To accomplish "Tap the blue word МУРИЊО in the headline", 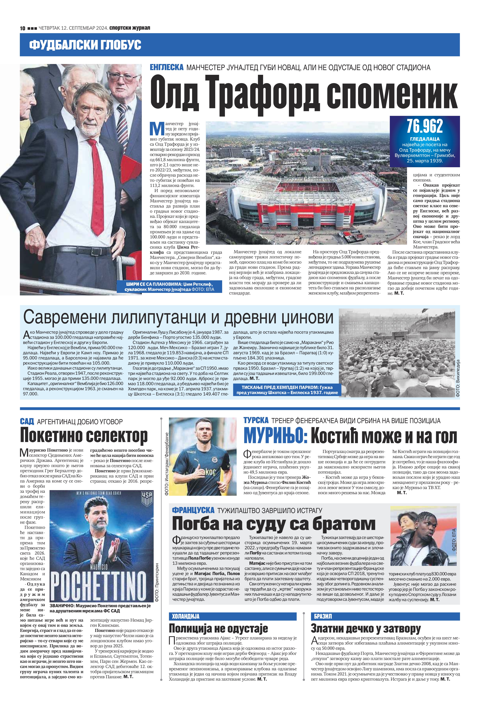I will tap(275, 436).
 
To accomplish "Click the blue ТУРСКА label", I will tap(256, 420).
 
